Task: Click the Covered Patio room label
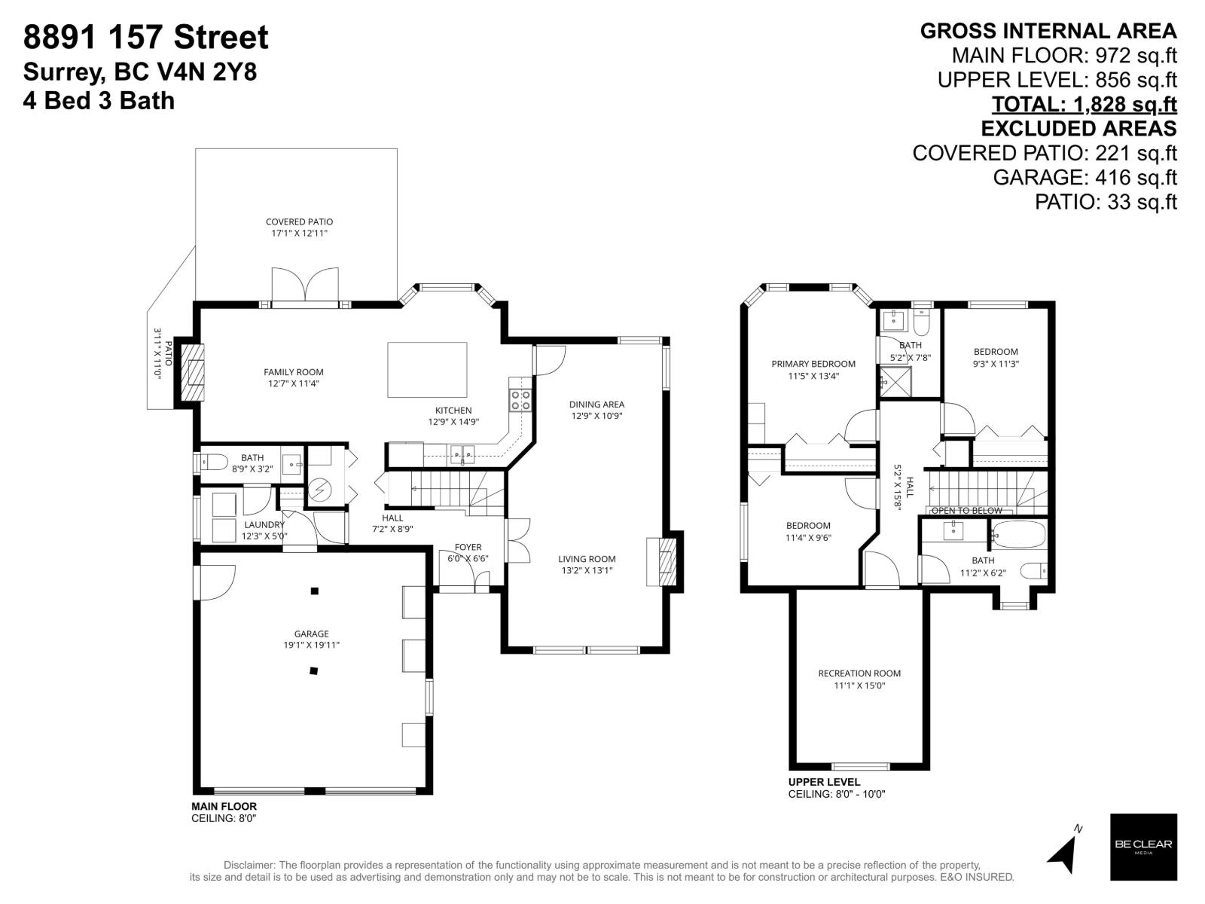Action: [x=299, y=222]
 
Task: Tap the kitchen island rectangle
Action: [x=427, y=369]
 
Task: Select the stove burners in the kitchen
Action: [x=520, y=400]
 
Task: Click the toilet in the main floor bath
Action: [x=213, y=461]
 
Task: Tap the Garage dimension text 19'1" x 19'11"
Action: [x=312, y=646]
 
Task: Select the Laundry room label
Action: [x=264, y=525]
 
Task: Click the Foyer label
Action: [x=468, y=548]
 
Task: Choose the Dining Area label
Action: [x=596, y=405]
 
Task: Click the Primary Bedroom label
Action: [x=813, y=364]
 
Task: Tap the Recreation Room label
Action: [x=859, y=673]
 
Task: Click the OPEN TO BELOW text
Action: [x=967, y=511]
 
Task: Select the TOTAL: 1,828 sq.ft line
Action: [x=1084, y=104]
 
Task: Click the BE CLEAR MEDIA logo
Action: [x=1143, y=847]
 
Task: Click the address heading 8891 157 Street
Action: [x=146, y=38]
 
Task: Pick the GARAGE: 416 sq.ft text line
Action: [x=1084, y=178]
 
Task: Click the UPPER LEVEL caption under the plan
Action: [x=824, y=782]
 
